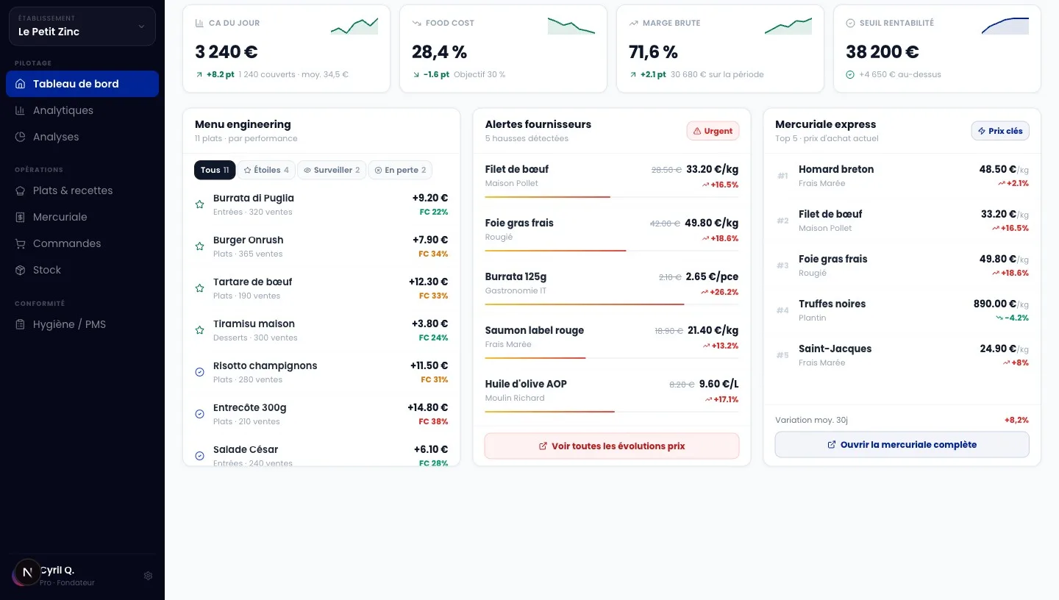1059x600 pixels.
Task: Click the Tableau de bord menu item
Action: point(82,84)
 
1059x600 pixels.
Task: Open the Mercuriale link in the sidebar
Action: point(60,217)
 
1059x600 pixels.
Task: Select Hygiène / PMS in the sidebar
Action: point(69,324)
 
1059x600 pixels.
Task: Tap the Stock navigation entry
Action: point(47,270)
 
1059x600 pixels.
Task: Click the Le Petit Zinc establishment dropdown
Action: point(82,26)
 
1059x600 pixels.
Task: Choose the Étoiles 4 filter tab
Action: point(266,170)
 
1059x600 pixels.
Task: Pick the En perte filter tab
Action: point(400,170)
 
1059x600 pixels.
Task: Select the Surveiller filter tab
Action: point(332,170)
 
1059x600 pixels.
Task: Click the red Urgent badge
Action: point(713,131)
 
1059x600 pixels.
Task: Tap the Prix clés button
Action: point(1000,131)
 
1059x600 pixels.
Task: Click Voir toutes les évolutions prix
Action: point(612,446)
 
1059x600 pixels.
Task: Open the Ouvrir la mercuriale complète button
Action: point(902,444)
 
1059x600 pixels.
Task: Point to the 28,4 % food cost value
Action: point(439,52)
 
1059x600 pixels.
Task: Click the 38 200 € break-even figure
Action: point(883,52)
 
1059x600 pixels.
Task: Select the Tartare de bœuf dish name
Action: point(252,282)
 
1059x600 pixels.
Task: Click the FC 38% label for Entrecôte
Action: point(434,421)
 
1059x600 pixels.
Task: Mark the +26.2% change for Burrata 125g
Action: point(719,292)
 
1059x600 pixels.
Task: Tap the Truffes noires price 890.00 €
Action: point(995,304)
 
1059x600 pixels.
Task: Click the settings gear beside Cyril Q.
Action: point(148,576)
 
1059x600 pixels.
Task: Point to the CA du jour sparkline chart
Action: point(354,26)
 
